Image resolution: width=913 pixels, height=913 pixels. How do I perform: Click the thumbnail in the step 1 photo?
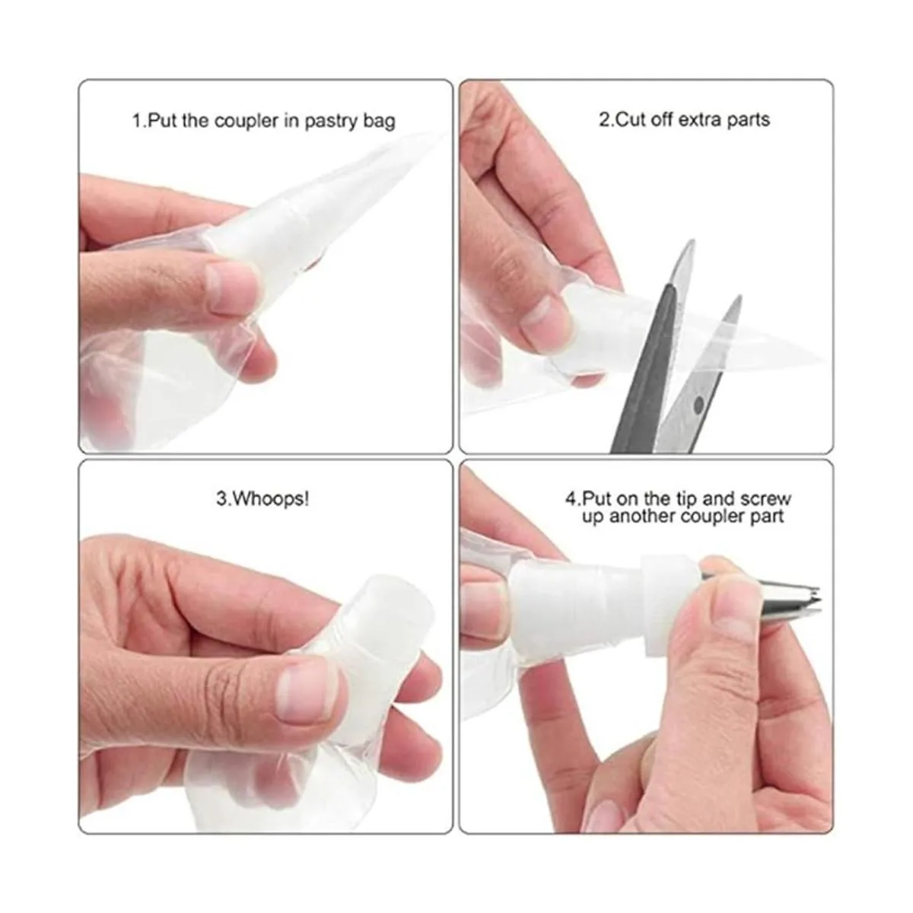pyautogui.click(x=233, y=288)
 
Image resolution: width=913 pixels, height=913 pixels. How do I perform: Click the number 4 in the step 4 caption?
pyautogui.click(x=571, y=499)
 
